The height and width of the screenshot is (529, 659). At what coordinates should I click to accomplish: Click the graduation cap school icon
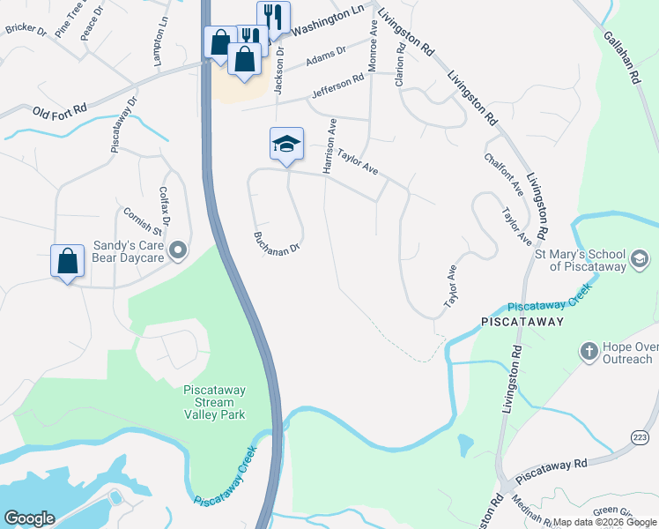[286, 144]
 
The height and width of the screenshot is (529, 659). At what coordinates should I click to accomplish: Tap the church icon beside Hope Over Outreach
[589, 352]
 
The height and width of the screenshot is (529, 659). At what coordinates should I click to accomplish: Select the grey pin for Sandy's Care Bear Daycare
[178, 251]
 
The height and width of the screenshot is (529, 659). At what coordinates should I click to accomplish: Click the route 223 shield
[640, 438]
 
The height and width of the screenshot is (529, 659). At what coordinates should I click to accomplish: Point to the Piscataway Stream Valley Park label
[214, 401]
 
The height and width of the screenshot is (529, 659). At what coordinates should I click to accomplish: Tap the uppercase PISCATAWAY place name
[522, 322]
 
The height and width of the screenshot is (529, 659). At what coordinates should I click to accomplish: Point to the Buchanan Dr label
[277, 242]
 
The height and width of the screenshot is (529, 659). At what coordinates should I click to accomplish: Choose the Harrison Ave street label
[329, 145]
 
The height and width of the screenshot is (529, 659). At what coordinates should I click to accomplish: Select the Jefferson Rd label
[337, 86]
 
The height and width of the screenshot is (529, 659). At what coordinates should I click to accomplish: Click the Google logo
[29, 518]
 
